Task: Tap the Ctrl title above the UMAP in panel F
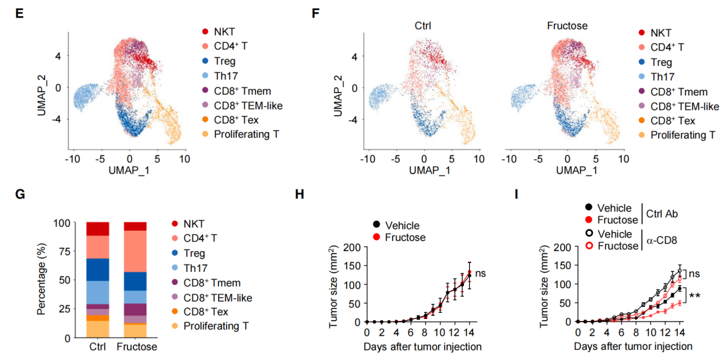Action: pyautogui.click(x=422, y=26)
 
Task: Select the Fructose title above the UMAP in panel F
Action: pyautogui.click(x=567, y=26)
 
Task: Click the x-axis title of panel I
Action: pyautogui.click(x=633, y=347)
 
